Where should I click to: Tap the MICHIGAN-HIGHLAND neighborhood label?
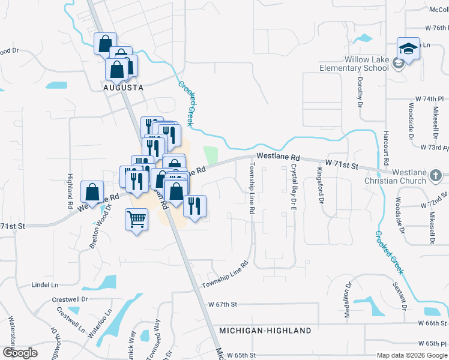click(x=265, y=331)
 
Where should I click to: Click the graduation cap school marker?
click(x=408, y=49)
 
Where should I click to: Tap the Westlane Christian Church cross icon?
click(x=436, y=176)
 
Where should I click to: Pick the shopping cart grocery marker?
click(x=137, y=220)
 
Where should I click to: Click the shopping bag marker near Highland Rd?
click(x=93, y=193)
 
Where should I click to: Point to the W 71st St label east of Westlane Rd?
click(x=341, y=163)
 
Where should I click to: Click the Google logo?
click(x=20, y=353)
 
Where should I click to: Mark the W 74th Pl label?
click(x=429, y=98)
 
